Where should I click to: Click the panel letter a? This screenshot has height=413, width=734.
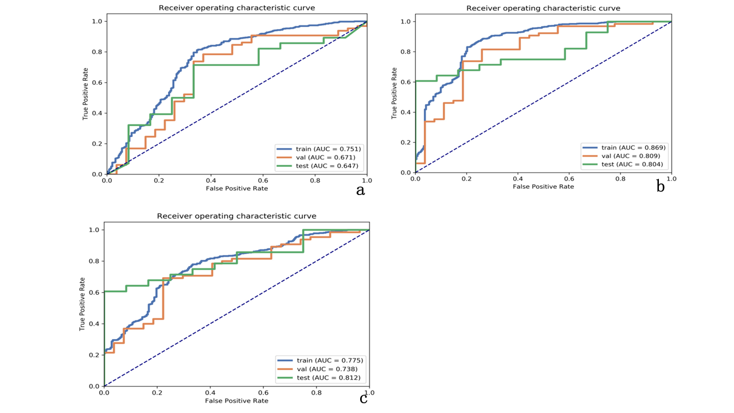360,190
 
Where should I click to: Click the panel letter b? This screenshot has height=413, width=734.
661,186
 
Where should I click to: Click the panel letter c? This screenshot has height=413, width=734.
364,398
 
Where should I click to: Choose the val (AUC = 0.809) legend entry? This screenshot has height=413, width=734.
624,156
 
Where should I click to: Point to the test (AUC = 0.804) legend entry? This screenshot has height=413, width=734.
626,165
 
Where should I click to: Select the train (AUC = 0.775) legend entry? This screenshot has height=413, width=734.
321,360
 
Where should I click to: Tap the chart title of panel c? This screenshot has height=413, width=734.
236,216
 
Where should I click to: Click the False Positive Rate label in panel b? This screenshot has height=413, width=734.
543,186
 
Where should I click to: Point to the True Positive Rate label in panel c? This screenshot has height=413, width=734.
83,304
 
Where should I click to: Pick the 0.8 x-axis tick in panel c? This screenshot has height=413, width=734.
317,393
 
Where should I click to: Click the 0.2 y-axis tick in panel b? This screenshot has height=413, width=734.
407,142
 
